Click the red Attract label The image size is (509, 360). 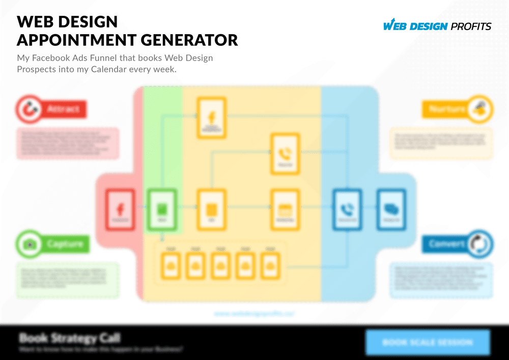coord(64,109)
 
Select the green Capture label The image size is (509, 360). coord(65,244)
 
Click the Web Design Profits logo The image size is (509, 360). coord(437,25)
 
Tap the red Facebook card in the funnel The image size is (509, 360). coord(120,208)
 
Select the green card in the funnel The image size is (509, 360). coord(162,208)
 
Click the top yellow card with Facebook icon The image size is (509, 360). coord(211,118)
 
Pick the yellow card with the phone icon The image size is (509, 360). coord(285,154)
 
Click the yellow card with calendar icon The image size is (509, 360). coord(285,208)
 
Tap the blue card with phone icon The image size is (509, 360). coord(347,208)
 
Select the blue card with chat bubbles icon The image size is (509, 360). coord(391,208)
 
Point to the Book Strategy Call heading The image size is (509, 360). coord(70,338)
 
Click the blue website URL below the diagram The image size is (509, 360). coord(254,314)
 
